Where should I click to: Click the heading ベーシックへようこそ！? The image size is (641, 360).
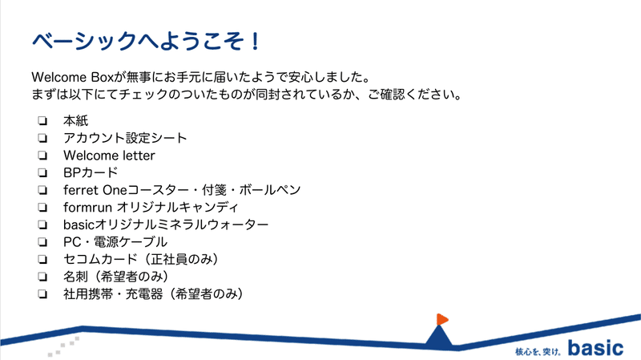[146, 42]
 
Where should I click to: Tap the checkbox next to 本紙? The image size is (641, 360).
[42, 121]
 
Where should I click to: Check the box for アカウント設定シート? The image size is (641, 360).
[42, 138]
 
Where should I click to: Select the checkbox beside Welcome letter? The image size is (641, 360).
[42, 156]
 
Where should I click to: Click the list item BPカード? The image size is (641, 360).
[91, 172]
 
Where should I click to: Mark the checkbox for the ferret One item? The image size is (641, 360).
[42, 190]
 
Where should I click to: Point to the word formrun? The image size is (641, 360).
[87, 208]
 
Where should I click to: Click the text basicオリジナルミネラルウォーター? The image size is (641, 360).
[166, 224]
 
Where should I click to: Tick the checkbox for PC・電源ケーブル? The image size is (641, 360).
[42, 242]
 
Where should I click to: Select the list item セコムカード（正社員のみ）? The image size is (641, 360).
[140, 259]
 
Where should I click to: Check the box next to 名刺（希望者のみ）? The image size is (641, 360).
[42, 277]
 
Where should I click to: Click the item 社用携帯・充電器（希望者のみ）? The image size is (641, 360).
[153, 293]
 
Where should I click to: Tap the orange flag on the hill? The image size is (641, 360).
[442, 319]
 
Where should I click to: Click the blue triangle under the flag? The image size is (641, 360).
[439, 338]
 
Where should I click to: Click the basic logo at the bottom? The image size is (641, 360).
[595, 348]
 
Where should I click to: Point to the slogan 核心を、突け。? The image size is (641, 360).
[538, 351]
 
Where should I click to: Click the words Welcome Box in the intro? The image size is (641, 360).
[72, 77]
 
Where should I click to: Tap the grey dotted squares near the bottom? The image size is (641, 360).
[63, 346]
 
